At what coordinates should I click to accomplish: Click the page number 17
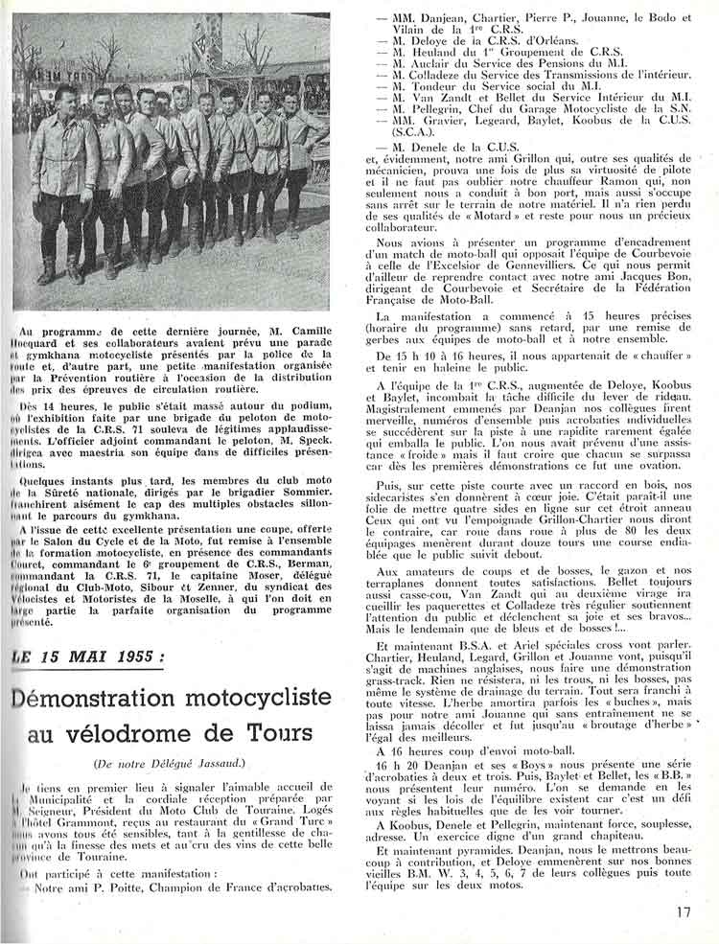683,912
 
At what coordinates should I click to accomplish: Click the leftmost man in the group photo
60,177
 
